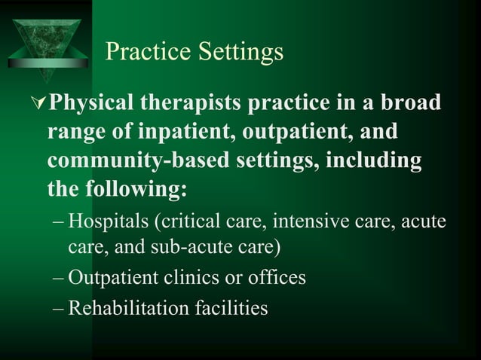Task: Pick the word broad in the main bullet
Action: pos(410,103)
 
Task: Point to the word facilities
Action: pos(229,307)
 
